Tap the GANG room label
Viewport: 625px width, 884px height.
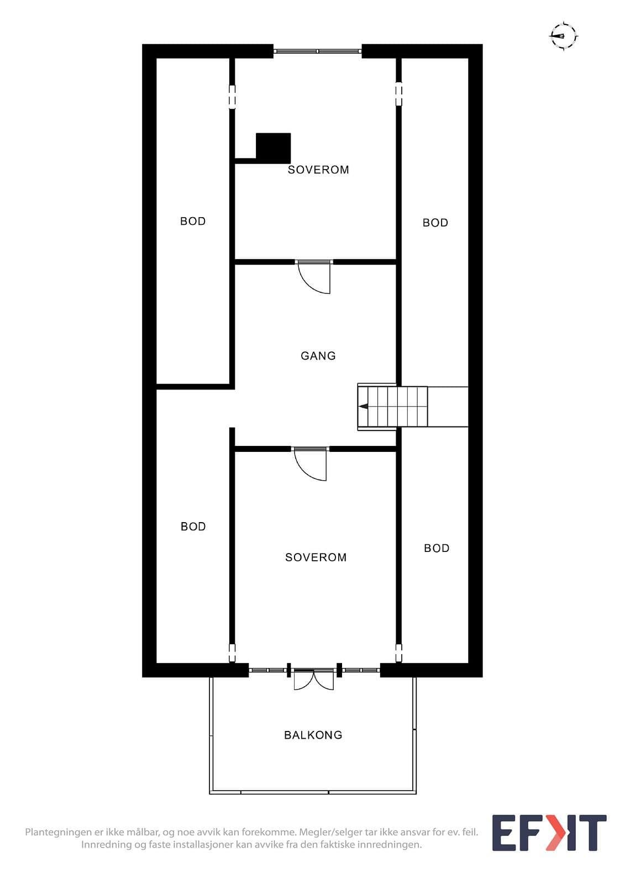[x=318, y=356]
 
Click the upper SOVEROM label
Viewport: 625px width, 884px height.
[x=318, y=170]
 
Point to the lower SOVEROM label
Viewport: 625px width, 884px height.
[x=316, y=557]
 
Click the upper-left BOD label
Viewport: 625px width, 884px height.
[x=193, y=221]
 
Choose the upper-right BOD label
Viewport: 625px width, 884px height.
[x=435, y=223]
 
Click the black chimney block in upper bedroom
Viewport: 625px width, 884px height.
[x=273, y=149]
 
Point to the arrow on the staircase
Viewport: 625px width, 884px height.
[x=363, y=406]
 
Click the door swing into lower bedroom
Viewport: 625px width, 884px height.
[x=311, y=464]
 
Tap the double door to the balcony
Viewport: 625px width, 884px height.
[x=314, y=680]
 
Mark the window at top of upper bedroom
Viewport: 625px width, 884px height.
[x=318, y=51]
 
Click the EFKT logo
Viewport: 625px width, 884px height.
[x=549, y=833]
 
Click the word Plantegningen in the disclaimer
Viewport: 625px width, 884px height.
[x=59, y=833]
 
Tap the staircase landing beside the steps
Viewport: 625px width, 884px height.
[x=447, y=407]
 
